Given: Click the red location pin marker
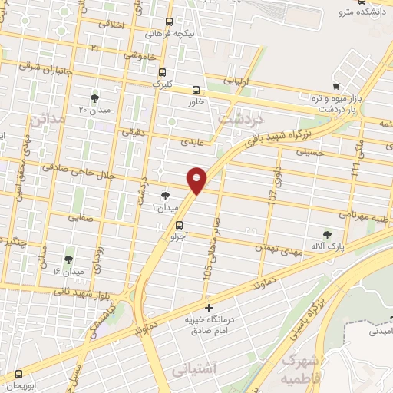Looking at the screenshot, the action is click(x=197, y=179).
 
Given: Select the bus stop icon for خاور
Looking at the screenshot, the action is click(x=196, y=89).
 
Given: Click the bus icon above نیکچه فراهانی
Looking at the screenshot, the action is click(x=170, y=22).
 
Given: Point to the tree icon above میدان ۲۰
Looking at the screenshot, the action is click(x=94, y=97).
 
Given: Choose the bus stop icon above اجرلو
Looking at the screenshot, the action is click(x=178, y=225).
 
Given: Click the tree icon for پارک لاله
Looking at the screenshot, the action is click(x=329, y=235).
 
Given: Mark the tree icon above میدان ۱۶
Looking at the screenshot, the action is click(x=68, y=259).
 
